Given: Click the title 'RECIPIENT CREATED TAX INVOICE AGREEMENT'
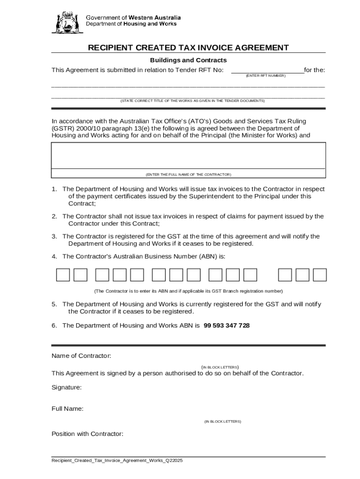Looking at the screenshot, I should coord(188,48).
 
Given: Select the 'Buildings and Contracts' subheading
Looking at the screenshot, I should coord(188,60).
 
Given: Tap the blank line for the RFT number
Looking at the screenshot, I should coord(267,71).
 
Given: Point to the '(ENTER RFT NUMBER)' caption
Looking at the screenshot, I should coord(266,76).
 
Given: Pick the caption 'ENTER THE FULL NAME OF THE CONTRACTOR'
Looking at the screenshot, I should coord(188,174).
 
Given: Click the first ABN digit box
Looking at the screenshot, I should coord(63,275).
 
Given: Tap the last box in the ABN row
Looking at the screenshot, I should coord(320,275).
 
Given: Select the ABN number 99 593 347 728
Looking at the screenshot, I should coord(227,326).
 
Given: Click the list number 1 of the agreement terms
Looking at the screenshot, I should coord(54,189).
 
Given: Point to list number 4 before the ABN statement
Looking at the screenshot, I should coord(54,256).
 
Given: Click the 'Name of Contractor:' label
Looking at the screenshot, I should coord(81,356).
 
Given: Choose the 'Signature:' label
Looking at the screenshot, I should coord(66,387).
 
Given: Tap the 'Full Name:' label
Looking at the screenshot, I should coord(67,409).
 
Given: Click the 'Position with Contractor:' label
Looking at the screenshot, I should coord(87,434).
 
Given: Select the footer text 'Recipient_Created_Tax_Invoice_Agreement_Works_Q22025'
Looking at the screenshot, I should coord(117,461).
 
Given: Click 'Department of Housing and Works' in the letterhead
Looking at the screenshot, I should coord(131,24).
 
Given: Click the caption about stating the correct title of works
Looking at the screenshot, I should coord(193,101).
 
